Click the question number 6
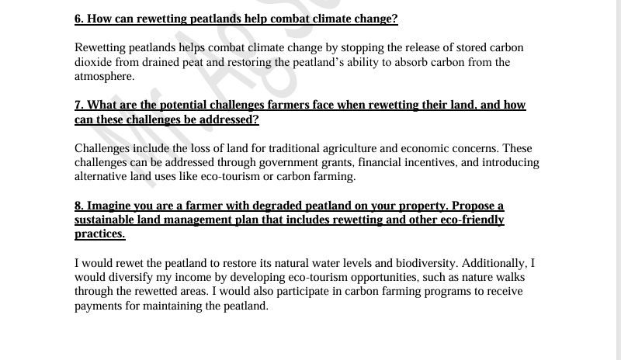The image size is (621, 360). [x=79, y=19]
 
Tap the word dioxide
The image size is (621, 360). [x=93, y=62]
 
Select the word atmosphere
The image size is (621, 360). [x=103, y=76]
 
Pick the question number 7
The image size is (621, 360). [x=79, y=105]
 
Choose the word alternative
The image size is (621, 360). [x=101, y=176]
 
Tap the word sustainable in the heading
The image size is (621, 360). [x=106, y=220]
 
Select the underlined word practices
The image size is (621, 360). [x=99, y=234]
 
